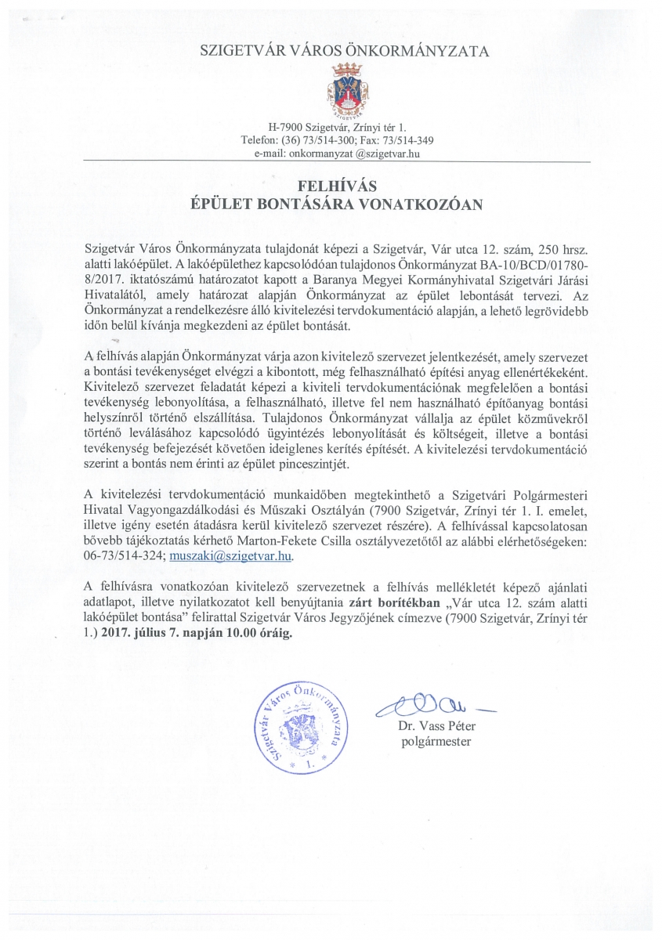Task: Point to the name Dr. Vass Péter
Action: tap(435, 726)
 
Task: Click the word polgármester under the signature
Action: tap(436, 740)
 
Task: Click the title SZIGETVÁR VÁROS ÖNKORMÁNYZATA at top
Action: tap(345, 52)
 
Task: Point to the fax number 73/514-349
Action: tap(406, 140)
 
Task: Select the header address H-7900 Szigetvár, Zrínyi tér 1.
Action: tap(337, 127)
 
